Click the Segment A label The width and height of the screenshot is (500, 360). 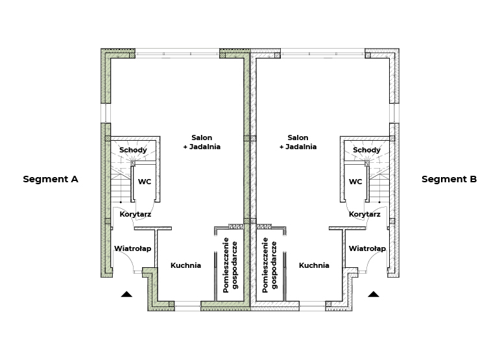[51, 179]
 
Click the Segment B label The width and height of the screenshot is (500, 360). [449, 179]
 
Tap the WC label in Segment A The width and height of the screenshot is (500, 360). [145, 182]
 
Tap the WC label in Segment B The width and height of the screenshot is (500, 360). [355, 182]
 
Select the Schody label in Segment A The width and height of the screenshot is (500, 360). [134, 150]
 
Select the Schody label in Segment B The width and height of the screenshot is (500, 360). [366, 150]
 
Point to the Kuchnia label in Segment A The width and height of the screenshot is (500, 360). [185, 265]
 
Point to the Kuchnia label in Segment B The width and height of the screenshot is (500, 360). [314, 265]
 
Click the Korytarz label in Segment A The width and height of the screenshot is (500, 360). [135, 214]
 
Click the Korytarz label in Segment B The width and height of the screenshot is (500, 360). [364, 214]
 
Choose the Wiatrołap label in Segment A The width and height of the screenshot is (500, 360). [133, 248]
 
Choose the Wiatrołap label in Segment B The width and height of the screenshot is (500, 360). [367, 248]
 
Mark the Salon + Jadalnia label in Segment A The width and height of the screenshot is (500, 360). [202, 142]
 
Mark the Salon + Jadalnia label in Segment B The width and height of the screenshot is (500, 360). [298, 142]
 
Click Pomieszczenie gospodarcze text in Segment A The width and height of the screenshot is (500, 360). [231, 265]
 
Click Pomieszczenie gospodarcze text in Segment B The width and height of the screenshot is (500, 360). [269, 265]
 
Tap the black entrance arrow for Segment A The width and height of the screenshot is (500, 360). [126, 294]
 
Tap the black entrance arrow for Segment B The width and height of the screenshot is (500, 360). [374, 294]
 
